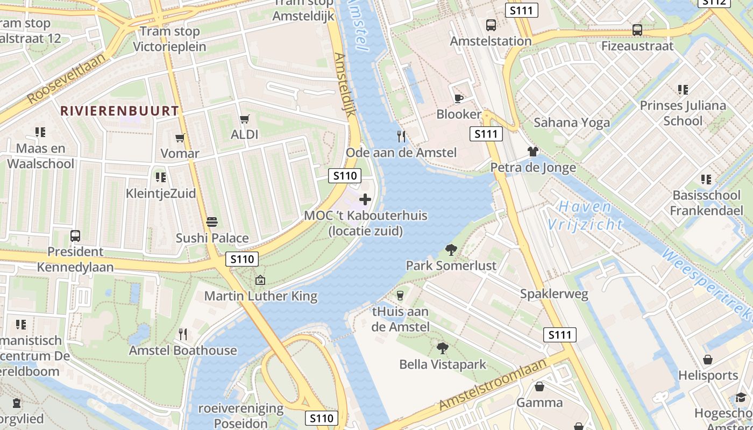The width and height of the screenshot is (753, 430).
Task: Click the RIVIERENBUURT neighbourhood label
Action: [x=119, y=111]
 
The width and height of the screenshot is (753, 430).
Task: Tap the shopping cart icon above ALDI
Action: [x=245, y=119]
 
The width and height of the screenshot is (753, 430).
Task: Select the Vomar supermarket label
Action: [x=180, y=154]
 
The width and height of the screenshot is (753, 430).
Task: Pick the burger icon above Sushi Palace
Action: [x=212, y=221]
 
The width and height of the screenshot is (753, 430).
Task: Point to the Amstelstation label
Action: [x=491, y=41]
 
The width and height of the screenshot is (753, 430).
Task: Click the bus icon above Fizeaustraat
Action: [x=637, y=30]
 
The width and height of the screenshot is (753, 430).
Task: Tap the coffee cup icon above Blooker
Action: [x=458, y=98]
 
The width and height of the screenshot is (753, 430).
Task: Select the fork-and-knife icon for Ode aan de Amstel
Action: [x=401, y=136]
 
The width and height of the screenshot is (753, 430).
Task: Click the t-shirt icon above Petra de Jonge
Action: [x=532, y=152]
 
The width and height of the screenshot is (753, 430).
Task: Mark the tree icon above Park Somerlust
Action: [x=451, y=249]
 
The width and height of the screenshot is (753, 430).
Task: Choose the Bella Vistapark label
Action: [x=443, y=364]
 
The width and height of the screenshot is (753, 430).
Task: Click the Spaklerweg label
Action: [x=554, y=294]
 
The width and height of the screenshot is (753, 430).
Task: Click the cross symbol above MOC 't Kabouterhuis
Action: [x=365, y=200]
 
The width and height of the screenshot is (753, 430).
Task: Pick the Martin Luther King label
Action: [x=261, y=296]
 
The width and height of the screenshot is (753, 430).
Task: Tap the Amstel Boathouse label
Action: [x=183, y=350]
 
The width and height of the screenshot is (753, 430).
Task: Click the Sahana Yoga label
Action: [x=572, y=123]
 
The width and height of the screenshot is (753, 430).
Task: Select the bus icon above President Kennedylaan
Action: [x=75, y=235]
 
